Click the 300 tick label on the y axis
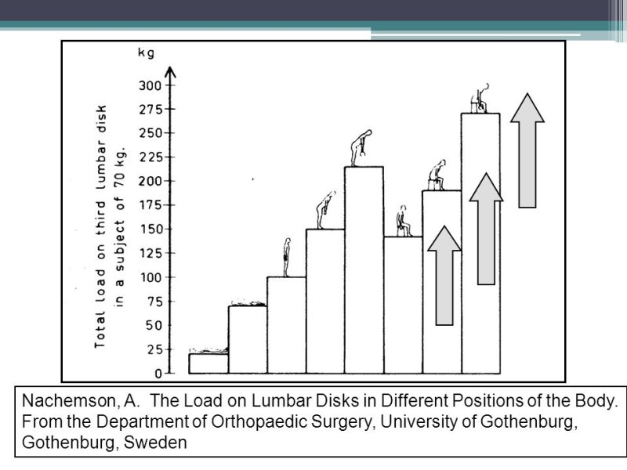tap(150, 85)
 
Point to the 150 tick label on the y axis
tap(150, 230)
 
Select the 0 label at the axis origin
tap(158, 374)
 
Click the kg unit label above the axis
tap(146, 52)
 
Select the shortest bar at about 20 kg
tap(208, 363)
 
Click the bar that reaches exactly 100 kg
tap(286, 325)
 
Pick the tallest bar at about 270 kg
tap(480, 244)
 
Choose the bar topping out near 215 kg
tap(364, 270)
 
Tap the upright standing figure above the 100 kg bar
tap(286, 257)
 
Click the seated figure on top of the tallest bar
tap(480, 99)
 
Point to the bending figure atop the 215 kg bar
tap(361, 148)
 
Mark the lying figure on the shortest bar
tap(208, 350)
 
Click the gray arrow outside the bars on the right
tap(527, 150)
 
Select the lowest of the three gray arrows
tap(444, 276)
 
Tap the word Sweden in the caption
tap(155, 443)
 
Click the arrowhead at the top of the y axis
tap(171, 71)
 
